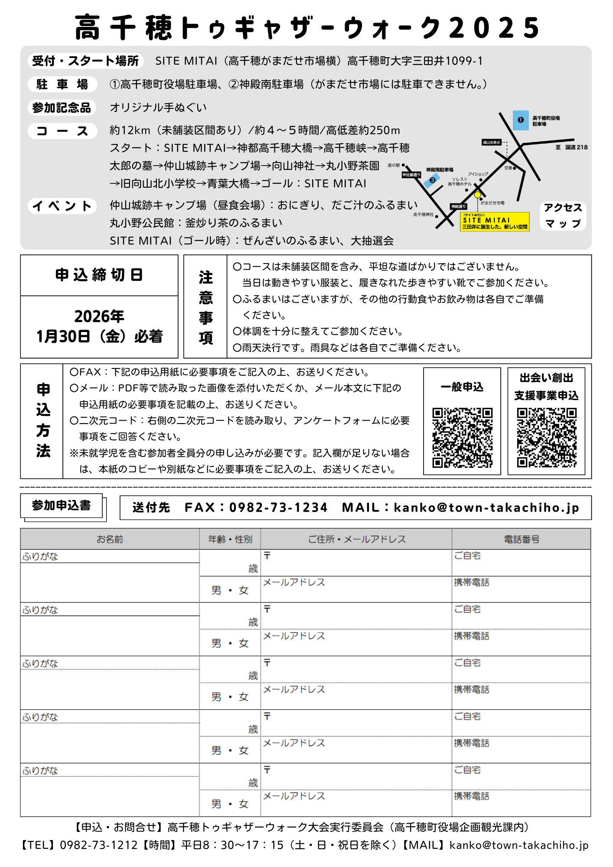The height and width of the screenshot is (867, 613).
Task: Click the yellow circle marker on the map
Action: coord(477,195)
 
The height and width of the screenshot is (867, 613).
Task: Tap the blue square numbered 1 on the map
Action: coord(521,120)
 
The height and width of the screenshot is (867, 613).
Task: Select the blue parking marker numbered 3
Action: coord(432,180)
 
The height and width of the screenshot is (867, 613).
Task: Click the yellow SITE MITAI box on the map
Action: coord(495,222)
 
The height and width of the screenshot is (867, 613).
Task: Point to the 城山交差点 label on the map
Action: coord(492,142)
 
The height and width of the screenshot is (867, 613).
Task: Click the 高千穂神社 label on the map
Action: coord(423,215)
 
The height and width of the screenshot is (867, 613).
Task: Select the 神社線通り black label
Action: coord(411,175)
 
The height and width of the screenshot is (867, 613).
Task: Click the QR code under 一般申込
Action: coord(462,437)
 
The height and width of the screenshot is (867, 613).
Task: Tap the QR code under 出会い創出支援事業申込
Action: coord(546,437)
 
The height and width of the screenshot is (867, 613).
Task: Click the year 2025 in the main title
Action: coord(494,28)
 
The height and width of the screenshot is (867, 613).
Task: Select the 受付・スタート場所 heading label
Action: coord(85,61)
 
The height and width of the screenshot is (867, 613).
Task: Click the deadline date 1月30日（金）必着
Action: coord(99,336)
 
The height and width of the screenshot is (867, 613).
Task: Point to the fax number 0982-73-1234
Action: coord(278,508)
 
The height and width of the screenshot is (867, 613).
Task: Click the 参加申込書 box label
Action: coord(61,505)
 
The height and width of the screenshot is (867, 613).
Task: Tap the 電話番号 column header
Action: coord(521,539)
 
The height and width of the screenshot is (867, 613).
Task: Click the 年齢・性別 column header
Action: coord(230,539)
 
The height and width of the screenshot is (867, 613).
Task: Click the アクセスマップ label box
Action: coord(563,215)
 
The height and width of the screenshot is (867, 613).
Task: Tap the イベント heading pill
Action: coord(62,205)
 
